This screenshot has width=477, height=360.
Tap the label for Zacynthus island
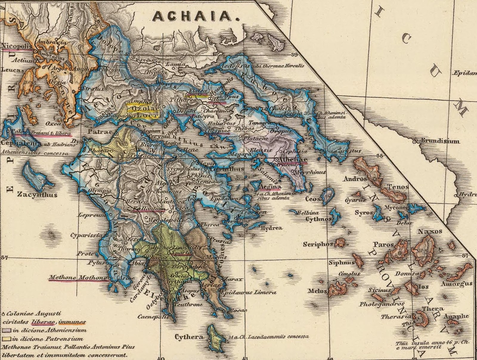coord(37,195)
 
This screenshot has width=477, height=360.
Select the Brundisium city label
coord(440,141)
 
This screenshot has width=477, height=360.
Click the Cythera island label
coord(189,337)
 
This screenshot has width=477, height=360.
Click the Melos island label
coord(317,291)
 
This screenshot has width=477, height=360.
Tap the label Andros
coord(355,179)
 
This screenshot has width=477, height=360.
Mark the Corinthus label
coord(227,169)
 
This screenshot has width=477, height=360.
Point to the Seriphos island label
coord(318,244)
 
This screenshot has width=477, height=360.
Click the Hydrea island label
coord(271,228)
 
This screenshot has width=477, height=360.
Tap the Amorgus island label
coord(456,284)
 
